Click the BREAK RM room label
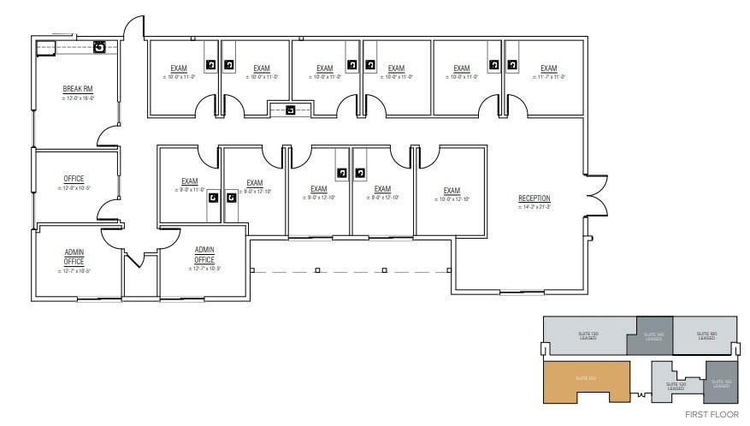click(x=78, y=89)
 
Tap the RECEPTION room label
click(x=534, y=198)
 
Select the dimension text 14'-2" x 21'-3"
click(x=534, y=207)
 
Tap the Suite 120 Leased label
click(x=676, y=386)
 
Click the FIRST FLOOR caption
click(x=712, y=414)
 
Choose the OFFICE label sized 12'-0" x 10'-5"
click(x=74, y=179)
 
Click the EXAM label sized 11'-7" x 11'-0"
click(x=548, y=68)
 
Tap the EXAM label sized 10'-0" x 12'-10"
click(x=452, y=190)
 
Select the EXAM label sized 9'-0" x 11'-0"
click(x=189, y=181)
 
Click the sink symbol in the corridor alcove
click(x=291, y=109)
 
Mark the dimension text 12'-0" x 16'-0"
click(x=78, y=98)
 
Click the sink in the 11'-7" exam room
click(x=512, y=64)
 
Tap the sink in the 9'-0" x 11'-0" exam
click(x=211, y=198)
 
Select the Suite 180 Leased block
click(x=706, y=335)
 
